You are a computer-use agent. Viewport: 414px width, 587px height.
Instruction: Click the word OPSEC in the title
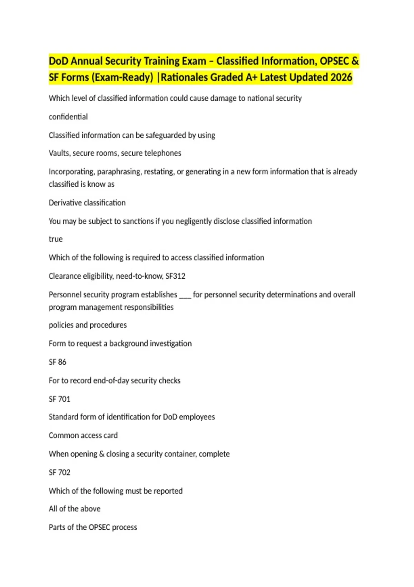point(334,61)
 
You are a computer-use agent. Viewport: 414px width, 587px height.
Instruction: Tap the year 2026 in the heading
point(341,77)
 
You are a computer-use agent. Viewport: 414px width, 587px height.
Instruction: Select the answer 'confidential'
point(68,117)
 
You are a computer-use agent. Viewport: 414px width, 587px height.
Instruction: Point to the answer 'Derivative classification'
point(87,203)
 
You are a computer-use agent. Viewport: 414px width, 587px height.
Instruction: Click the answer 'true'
point(56,239)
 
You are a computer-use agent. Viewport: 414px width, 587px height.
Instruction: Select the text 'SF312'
point(175,276)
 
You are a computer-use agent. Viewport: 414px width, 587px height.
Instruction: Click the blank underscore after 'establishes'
point(185,295)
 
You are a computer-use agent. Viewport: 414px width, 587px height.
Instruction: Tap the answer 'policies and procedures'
point(88,325)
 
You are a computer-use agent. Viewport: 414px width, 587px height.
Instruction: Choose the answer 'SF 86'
point(57,362)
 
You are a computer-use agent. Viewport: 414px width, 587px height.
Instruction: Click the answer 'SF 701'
point(59,399)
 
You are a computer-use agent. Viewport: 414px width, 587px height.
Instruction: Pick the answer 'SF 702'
point(59,472)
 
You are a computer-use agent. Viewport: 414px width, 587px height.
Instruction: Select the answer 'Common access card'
point(83,435)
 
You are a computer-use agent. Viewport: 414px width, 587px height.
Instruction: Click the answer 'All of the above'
point(75,509)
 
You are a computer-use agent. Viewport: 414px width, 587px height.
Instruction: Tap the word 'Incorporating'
point(71,172)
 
